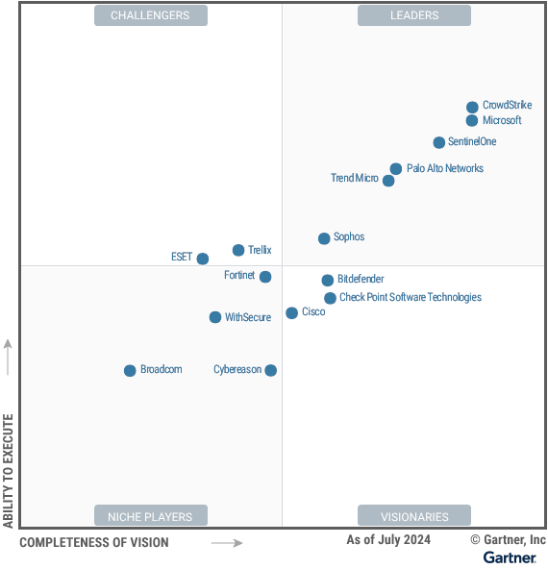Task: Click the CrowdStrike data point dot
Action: point(472,108)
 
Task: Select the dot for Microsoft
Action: point(472,121)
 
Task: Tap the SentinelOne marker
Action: point(439,142)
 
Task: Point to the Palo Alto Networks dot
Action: point(395,169)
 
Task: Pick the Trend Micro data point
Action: point(388,181)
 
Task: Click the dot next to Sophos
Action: point(325,238)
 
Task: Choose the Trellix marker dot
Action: point(238,251)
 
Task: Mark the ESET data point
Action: point(203,259)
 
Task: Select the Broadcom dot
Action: point(130,371)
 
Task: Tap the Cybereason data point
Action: point(271,370)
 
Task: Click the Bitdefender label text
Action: point(361,280)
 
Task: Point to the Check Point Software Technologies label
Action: point(411,298)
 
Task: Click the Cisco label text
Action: point(313,312)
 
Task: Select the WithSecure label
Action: point(248,318)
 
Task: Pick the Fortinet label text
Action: point(239,276)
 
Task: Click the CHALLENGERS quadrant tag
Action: point(150,15)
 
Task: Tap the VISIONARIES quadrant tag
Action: point(414,516)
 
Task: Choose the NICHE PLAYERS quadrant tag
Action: point(150,516)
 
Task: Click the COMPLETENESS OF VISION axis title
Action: point(93,543)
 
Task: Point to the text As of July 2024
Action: point(388,540)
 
